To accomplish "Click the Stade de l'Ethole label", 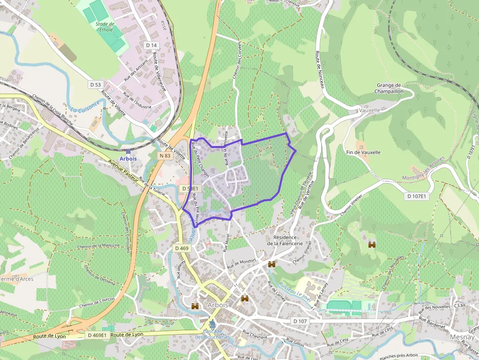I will click(x=105, y=26).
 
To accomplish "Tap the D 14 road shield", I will click(x=152, y=45).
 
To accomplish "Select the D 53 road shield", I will click(x=95, y=85).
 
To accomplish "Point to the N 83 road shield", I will click(x=165, y=156).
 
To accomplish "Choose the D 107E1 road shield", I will click(x=416, y=196).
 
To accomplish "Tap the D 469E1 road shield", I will click(x=97, y=335).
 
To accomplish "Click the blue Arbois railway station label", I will click(x=128, y=159).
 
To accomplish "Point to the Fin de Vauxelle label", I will click(x=363, y=152).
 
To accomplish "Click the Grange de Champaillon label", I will click(x=389, y=88).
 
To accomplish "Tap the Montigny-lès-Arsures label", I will click(x=423, y=173).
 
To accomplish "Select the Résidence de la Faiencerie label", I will click(x=285, y=240).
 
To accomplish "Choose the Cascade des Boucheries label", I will click(x=212, y=334).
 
